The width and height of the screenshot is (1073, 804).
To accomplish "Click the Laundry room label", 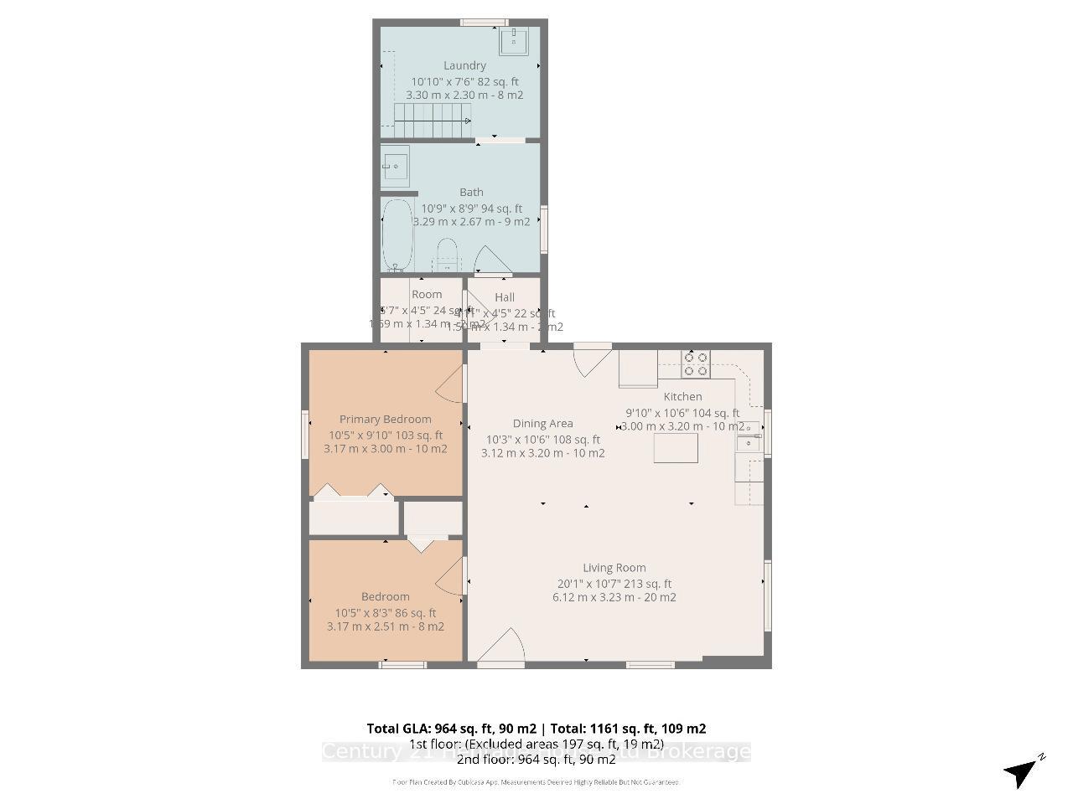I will point(464,65).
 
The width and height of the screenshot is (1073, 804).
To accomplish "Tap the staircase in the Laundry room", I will point(432,121).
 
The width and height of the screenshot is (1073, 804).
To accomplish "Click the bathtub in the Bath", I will point(397,234).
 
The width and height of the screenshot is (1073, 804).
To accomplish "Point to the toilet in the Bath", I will point(448,254).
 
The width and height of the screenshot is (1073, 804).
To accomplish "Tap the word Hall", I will point(505,297).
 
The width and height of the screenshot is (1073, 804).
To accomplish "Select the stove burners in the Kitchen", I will point(696,363).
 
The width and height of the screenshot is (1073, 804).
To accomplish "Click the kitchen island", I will point(676,448).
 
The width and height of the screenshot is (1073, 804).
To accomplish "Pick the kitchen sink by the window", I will point(748,436).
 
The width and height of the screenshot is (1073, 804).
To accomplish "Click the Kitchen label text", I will point(682,396).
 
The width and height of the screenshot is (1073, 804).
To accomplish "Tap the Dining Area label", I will point(542,424).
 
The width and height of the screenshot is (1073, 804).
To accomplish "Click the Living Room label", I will point(614,568).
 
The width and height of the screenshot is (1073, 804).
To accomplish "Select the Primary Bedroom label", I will point(385,419).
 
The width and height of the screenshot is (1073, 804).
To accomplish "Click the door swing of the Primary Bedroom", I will point(451,385).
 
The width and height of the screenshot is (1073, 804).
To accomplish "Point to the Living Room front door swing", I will point(503,647).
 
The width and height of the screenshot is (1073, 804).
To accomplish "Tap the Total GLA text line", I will point(536,729).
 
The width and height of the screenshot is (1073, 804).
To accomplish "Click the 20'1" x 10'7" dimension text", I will point(614,584).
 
